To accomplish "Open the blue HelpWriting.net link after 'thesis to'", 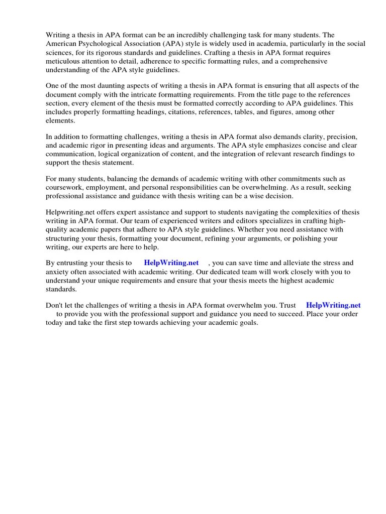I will (x=171, y=263).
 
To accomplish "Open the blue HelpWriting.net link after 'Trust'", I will (x=333, y=305).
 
